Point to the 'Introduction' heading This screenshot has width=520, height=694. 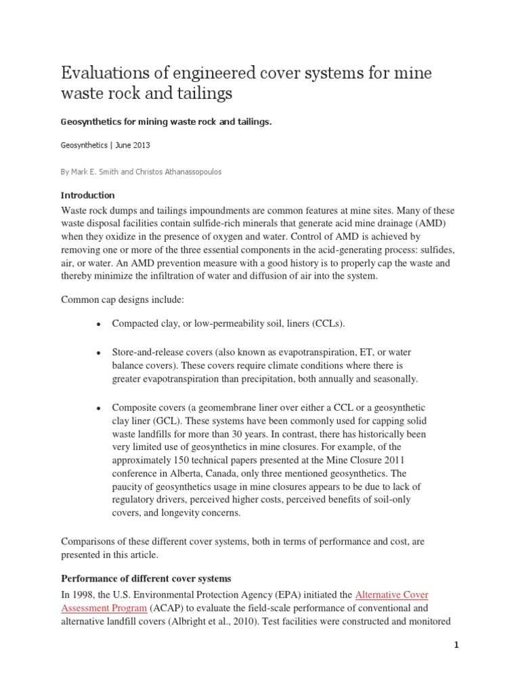point(88,195)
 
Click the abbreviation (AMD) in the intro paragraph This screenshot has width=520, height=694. point(420,224)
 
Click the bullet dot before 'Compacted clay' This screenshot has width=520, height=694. point(99,325)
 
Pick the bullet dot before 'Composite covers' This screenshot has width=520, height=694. point(99,407)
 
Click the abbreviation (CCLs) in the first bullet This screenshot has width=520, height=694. point(328,324)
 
